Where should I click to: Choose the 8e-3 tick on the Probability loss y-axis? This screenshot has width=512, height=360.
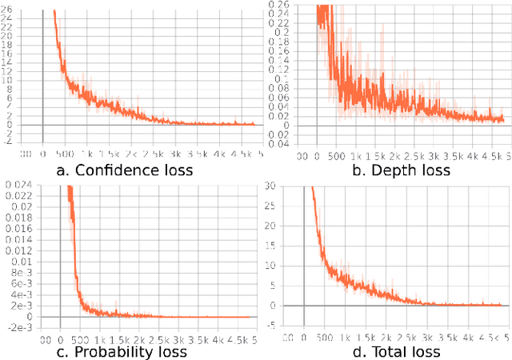click(18, 272)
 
